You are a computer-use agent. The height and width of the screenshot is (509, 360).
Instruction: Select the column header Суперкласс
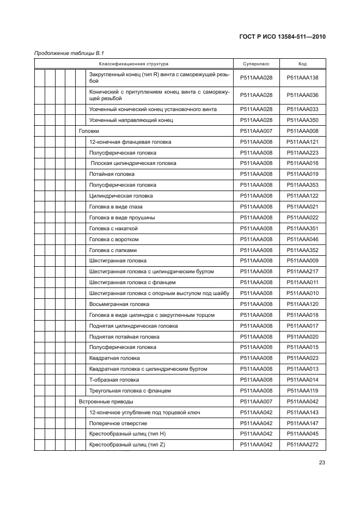click(x=256, y=64)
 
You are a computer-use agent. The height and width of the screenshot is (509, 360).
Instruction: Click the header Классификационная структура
click(x=133, y=64)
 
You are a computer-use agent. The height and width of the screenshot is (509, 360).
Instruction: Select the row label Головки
click(x=89, y=131)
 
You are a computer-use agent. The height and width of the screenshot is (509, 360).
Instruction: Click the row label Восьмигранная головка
click(x=119, y=304)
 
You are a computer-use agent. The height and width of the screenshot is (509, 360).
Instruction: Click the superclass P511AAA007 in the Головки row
click(x=256, y=131)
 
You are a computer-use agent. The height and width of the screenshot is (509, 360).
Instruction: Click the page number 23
click(x=322, y=464)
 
